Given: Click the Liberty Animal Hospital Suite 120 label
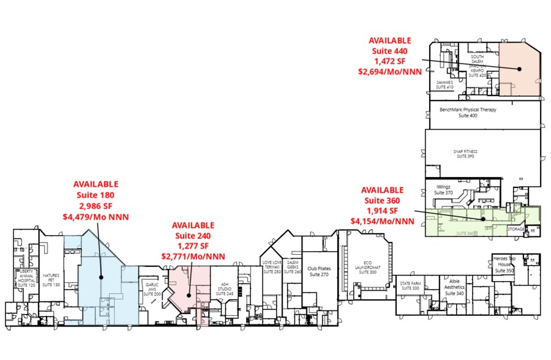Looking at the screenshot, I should pos(26,277).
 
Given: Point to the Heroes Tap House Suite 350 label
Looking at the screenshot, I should pos(504,264).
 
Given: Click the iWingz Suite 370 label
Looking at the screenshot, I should pos(443,189).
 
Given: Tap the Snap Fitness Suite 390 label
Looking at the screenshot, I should pos(465,154).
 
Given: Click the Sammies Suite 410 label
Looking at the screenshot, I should pos(444,84).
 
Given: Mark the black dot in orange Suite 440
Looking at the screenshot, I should pos(519,69).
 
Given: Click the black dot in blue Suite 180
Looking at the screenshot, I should pos(101,277).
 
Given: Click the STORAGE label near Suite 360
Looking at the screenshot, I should pos(516,228).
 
